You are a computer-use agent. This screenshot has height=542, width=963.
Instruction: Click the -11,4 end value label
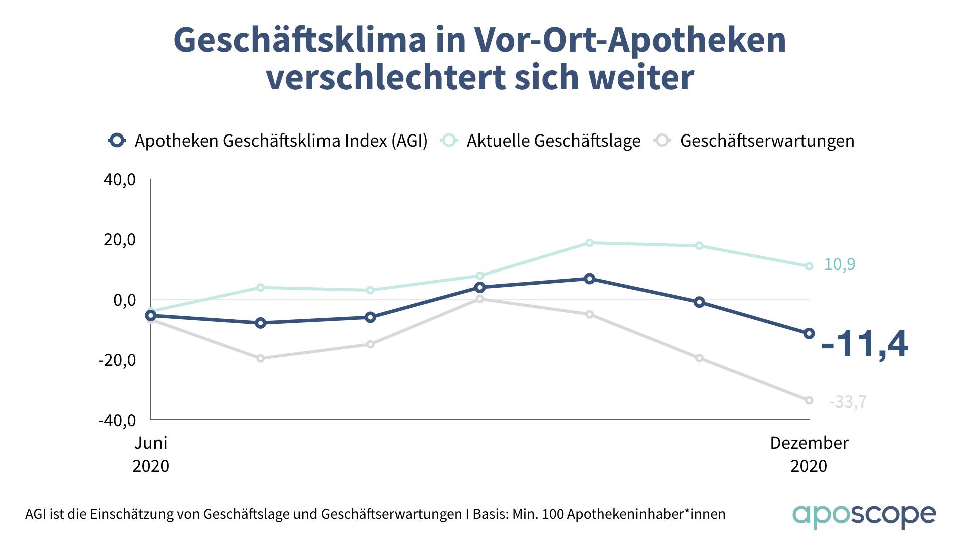coord(864,344)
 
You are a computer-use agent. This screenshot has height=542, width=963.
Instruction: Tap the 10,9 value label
coord(840,264)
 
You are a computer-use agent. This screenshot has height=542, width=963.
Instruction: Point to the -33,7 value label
coord(848,402)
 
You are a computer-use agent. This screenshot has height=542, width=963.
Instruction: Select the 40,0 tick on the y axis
coord(120,180)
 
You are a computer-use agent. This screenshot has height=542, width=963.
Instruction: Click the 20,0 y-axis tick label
coord(120,240)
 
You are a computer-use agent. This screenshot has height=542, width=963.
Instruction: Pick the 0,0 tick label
coord(124,300)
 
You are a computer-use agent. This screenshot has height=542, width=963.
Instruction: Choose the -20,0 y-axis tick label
coord(117,360)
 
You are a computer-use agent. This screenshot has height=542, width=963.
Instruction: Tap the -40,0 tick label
coord(117,420)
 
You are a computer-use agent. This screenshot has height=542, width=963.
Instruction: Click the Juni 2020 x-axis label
coord(150,454)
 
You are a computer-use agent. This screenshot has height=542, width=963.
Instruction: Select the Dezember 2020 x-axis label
coord(809,454)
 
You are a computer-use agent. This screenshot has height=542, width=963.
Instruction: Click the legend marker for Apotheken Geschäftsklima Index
coord(117,141)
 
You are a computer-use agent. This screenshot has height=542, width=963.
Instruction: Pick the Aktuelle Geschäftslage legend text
coord(554,141)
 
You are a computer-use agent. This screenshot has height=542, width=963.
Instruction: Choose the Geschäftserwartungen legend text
coord(767,141)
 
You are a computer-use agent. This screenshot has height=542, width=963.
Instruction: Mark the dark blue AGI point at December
coord(809,333)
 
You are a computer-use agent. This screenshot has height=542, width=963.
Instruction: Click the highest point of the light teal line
coord(590,243)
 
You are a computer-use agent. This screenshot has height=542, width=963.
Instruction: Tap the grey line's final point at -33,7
coord(809,400)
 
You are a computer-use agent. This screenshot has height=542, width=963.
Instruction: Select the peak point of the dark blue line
coord(590,279)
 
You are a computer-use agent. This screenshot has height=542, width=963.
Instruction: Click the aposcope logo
coord(864,515)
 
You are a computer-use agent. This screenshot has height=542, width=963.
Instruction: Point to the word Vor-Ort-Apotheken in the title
coord(630,40)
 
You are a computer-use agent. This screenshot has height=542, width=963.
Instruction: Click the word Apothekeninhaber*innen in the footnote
coord(647,514)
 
